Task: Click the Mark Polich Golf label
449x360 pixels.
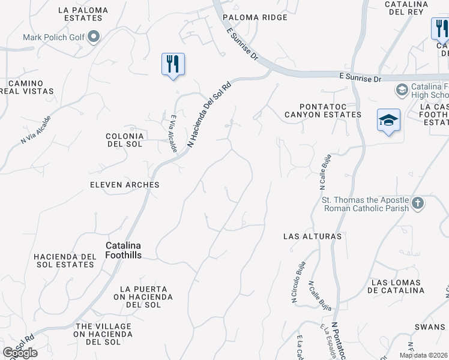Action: (x=53, y=37)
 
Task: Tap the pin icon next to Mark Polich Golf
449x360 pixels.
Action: (x=94, y=37)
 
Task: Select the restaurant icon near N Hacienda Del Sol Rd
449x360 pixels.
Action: (x=173, y=64)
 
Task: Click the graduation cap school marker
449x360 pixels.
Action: (x=388, y=120)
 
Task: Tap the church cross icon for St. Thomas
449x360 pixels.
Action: (x=418, y=203)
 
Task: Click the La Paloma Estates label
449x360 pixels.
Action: (x=83, y=14)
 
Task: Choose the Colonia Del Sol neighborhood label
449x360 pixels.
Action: (x=125, y=140)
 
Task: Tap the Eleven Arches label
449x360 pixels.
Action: (x=125, y=185)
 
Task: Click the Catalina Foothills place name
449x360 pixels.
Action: (x=124, y=250)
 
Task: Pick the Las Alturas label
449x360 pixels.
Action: (x=312, y=236)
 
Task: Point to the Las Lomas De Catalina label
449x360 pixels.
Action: (x=398, y=286)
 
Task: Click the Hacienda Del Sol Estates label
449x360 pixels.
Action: (x=65, y=260)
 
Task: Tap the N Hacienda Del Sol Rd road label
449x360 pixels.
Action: (x=209, y=115)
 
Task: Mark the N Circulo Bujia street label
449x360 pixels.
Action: (x=298, y=282)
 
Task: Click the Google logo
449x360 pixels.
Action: (x=20, y=353)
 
